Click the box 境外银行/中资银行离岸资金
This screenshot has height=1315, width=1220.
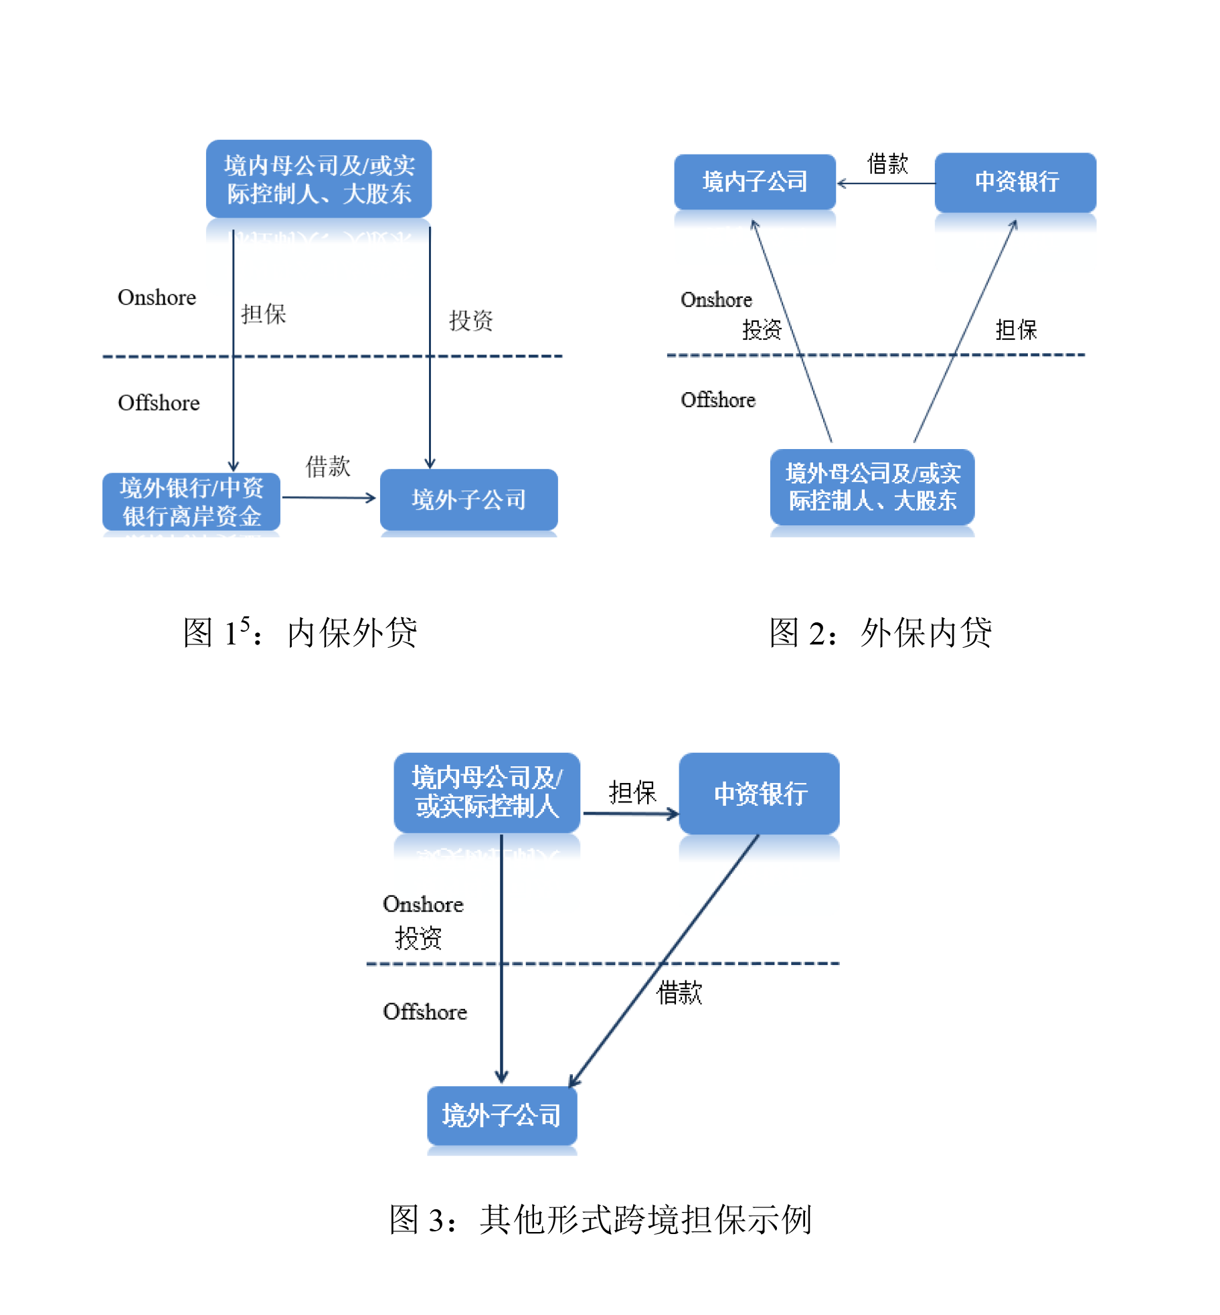click(191, 501)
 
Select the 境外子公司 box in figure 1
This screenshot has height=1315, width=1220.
click(468, 499)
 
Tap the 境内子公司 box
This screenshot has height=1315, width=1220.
click(754, 181)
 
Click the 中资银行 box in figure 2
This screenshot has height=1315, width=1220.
click(1015, 182)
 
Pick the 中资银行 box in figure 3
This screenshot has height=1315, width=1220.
click(759, 793)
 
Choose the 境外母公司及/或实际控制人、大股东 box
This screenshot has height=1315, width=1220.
click(872, 487)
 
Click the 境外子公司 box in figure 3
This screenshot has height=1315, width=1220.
click(501, 1115)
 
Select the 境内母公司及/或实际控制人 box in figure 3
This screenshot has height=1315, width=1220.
click(487, 792)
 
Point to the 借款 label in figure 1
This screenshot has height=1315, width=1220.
click(328, 466)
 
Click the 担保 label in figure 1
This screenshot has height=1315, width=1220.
click(264, 313)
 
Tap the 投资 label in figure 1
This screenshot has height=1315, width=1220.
click(470, 321)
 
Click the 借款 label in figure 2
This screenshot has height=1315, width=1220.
click(887, 163)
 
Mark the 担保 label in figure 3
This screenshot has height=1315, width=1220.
click(632, 792)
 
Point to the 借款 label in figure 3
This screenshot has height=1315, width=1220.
click(679, 992)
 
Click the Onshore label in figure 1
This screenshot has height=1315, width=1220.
click(157, 297)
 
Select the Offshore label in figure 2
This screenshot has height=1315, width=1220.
click(717, 400)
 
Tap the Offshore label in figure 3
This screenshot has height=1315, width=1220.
click(424, 1011)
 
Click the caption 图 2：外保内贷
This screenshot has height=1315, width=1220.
click(880, 632)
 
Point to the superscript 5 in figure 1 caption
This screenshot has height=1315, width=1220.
click(245, 622)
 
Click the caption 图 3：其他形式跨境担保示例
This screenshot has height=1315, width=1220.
click(600, 1219)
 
